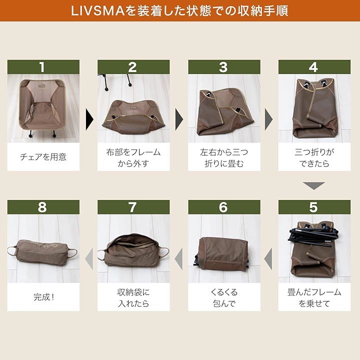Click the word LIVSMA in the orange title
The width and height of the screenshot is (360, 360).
98,11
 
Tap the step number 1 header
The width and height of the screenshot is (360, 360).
43,67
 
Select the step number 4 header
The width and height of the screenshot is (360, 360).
314,67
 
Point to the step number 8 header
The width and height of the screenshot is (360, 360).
43,207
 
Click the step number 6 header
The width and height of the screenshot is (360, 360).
224,207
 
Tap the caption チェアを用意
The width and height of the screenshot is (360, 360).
43,157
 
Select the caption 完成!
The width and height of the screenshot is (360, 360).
43,297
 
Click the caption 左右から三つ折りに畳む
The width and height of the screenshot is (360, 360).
224,157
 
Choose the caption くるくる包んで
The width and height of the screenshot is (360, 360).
224,298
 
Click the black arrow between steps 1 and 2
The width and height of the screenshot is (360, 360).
89,119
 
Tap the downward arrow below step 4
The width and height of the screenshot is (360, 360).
314,185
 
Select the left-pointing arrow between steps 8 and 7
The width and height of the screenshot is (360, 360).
89,259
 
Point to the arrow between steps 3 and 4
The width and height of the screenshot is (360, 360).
269,119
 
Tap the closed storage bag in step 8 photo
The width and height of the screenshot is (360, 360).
42,252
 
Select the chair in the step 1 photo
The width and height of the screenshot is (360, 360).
41,107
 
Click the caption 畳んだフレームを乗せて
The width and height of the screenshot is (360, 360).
314,298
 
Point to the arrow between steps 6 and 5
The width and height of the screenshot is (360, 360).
268,259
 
